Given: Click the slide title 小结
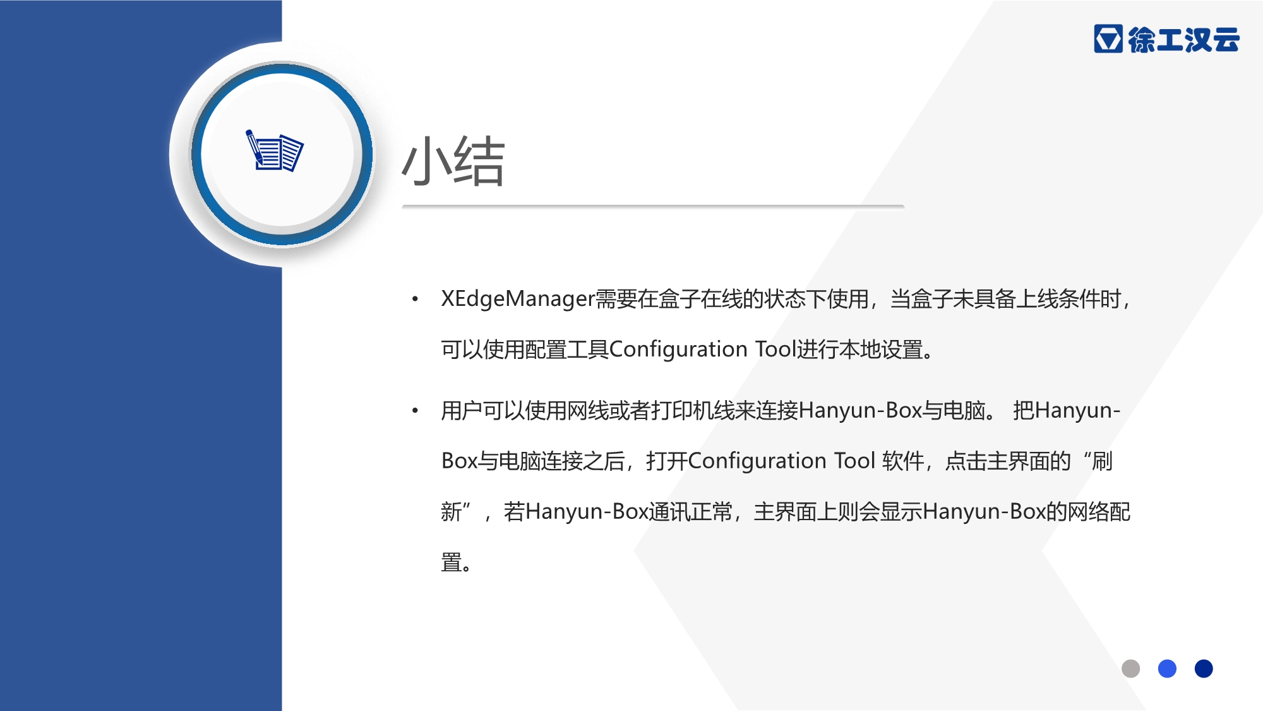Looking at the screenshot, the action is [x=453, y=161].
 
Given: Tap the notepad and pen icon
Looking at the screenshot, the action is [x=274, y=150].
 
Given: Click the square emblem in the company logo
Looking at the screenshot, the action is [x=1108, y=39].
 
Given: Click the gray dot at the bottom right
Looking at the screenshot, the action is [x=1130, y=669].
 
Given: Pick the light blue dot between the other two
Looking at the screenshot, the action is [x=1167, y=669].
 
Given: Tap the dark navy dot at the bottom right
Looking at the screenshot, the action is [x=1204, y=669].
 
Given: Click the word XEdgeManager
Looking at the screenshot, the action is [x=518, y=299].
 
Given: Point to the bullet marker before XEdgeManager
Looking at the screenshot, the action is [x=415, y=299].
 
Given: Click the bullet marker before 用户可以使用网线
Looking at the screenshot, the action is [x=415, y=411].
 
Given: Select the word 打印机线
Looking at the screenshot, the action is [x=693, y=411].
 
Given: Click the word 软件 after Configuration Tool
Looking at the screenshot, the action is [x=903, y=461].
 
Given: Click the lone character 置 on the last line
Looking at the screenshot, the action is [x=451, y=562].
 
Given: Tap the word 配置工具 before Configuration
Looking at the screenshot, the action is [x=566, y=349].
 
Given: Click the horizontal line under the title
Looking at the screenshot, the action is [x=653, y=207].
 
